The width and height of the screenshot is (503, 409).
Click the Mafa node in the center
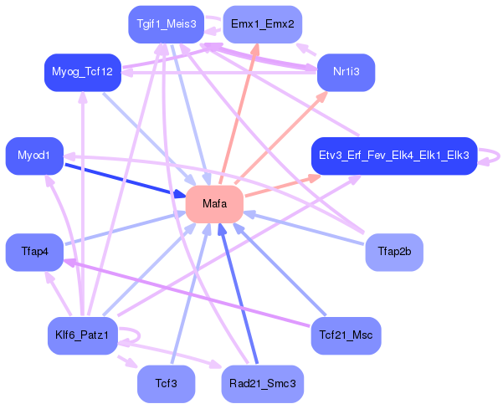[214, 204]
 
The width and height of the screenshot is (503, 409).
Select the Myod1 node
[34, 156]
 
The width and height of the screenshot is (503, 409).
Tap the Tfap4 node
[34, 252]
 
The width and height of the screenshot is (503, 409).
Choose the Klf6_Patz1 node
[83, 335]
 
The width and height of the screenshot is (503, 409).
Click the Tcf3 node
[167, 384]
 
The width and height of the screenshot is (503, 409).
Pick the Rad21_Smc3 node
[263, 384]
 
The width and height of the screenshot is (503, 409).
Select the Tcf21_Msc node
[346, 335]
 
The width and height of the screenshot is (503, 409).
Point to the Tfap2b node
[394, 252]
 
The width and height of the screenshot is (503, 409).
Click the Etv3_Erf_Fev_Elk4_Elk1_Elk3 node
[394, 156]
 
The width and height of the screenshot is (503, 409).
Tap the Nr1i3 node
[346, 73]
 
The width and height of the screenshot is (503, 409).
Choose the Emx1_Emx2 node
[263, 24]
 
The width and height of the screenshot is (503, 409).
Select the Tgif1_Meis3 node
[167, 24]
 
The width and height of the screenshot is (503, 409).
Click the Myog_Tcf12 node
[83, 73]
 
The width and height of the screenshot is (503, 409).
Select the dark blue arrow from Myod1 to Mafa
[125, 180]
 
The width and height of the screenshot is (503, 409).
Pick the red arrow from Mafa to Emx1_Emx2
[239, 114]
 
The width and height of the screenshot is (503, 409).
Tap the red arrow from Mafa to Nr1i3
[281, 138]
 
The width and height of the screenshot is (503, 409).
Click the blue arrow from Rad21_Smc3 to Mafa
[238, 294]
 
